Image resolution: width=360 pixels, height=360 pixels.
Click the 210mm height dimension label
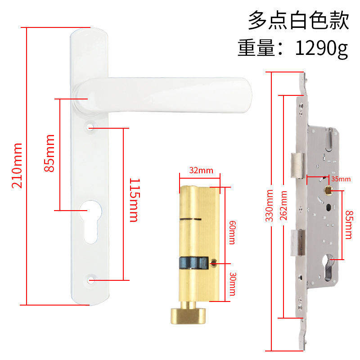pos(17,165)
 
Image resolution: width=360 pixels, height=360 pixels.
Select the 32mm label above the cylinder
pos(201,171)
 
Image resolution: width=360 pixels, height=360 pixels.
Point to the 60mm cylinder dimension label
pos(232,232)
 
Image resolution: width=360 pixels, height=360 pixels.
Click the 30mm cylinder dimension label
pos(232,284)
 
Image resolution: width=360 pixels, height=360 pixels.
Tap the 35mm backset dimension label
pos(341,179)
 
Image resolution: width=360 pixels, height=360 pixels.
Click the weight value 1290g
pos(321,48)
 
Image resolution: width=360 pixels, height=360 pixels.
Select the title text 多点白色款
pos(299,21)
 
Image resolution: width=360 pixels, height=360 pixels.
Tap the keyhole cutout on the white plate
pos(90,220)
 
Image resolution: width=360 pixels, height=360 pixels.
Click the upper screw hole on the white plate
pos(91,128)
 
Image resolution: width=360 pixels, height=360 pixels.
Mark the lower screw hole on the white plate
pos(91,280)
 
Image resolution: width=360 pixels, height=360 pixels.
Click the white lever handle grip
pos(171,94)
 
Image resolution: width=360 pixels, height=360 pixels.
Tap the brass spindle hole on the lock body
pos(328,191)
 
